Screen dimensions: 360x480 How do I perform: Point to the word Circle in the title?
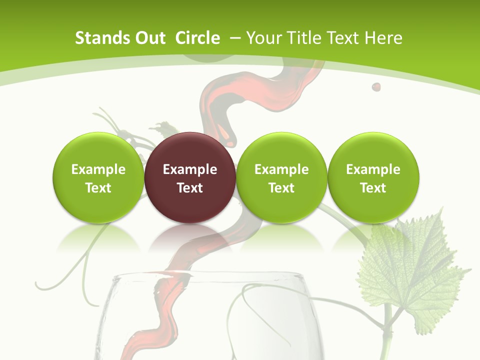tap(197, 38)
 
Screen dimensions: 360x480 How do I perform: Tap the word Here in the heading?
tap(383, 38)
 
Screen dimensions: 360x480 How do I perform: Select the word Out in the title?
tap(150, 38)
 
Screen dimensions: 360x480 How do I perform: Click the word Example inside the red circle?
tap(190, 169)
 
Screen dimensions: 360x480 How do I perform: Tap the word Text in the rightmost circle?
tap(373, 188)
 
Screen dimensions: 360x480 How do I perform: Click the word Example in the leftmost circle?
tap(98, 169)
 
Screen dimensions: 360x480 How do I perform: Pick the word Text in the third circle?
tap(281, 188)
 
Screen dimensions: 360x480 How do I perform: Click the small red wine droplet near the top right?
tap(376, 87)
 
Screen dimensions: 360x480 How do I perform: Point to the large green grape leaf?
tap(410, 270)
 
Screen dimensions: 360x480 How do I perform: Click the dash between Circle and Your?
tap(235, 38)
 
